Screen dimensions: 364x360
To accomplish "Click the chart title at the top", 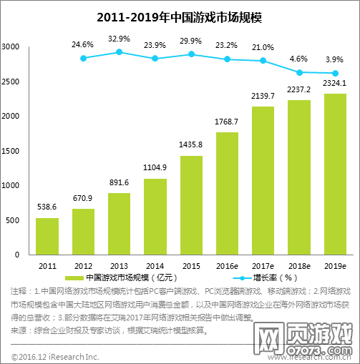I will pyautogui.click(x=180, y=15).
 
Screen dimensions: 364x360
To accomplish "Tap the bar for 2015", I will pyautogui.click(x=190, y=205).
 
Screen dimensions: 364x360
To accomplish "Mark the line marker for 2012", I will pyautogui.click(x=83, y=58).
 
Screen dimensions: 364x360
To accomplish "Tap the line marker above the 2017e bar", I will pyautogui.click(x=263, y=61).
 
